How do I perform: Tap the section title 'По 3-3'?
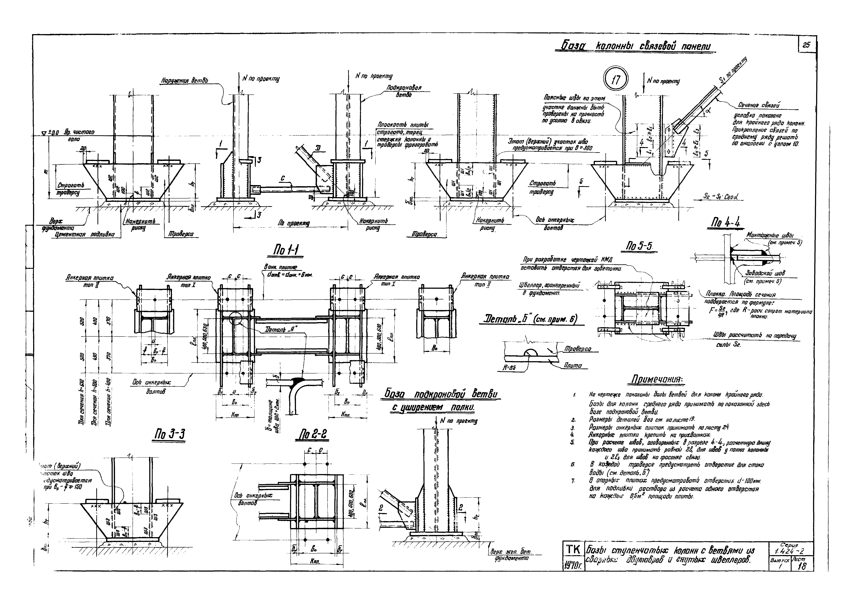(169, 434)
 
